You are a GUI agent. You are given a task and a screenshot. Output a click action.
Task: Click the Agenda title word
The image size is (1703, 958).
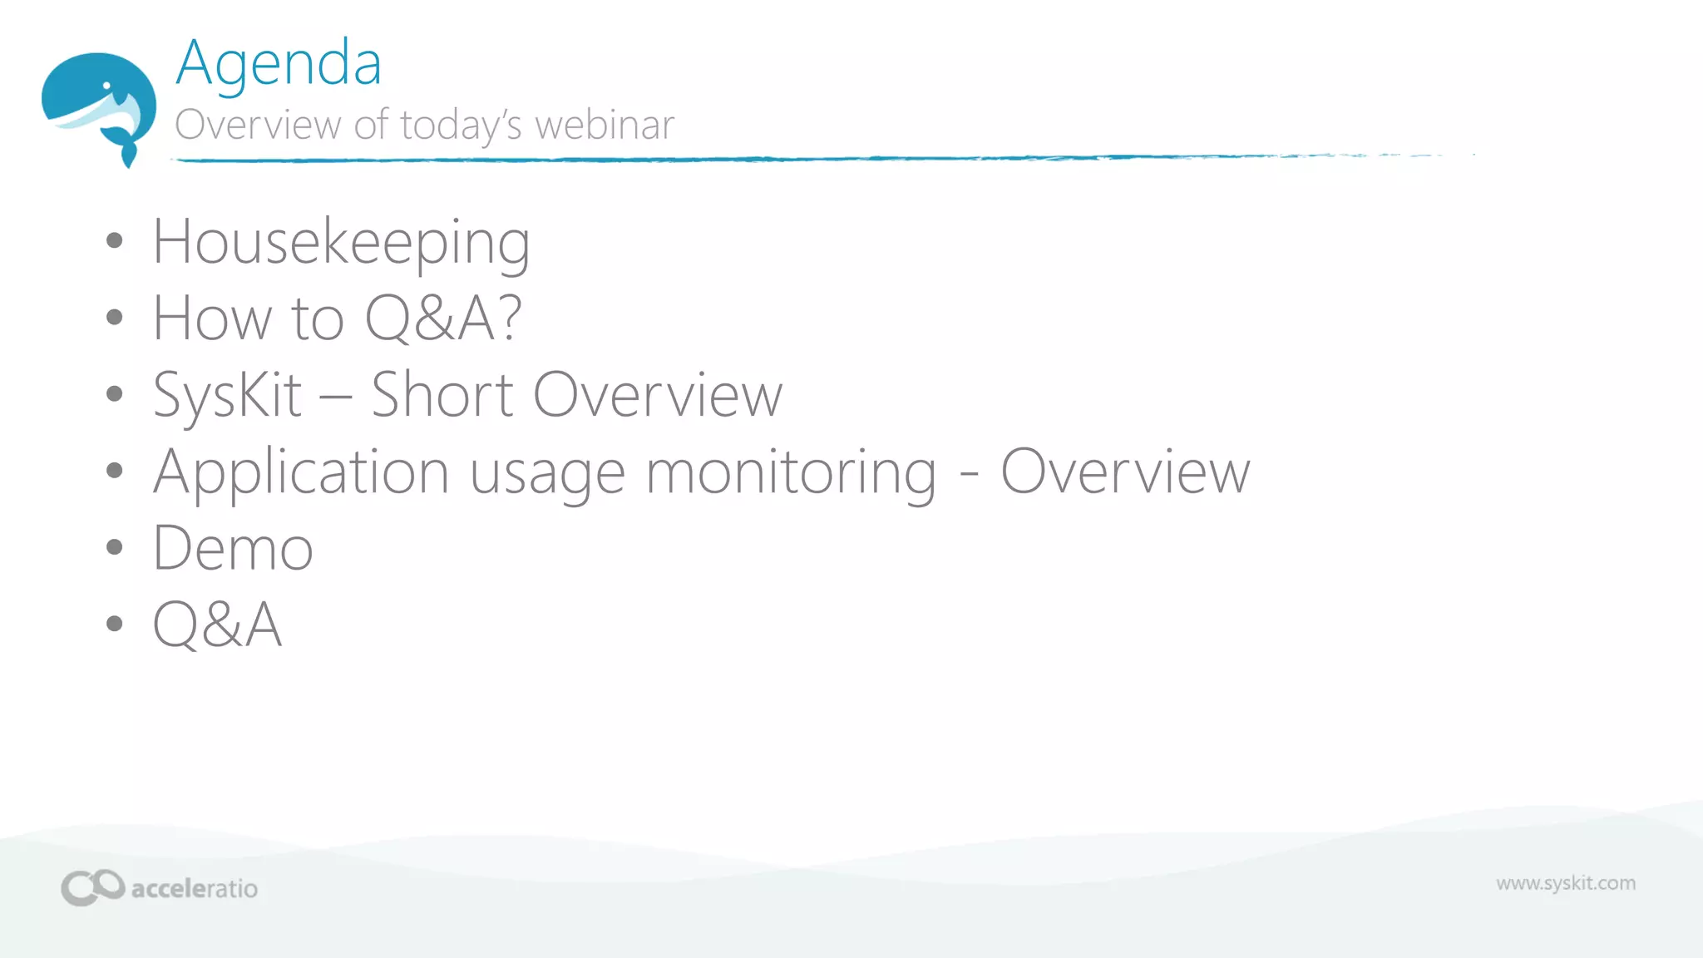279,65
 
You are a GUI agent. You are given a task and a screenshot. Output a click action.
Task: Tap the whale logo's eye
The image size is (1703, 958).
106,86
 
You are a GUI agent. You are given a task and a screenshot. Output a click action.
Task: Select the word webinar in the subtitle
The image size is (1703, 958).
605,126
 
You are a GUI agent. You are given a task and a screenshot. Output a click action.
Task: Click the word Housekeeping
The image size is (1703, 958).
341,243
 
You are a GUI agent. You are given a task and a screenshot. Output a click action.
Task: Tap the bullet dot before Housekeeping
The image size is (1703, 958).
115,242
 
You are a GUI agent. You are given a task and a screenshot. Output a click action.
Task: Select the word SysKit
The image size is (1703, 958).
228,396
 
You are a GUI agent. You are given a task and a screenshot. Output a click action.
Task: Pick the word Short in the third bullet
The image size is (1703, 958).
442,395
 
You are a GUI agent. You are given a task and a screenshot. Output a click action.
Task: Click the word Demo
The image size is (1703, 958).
233,549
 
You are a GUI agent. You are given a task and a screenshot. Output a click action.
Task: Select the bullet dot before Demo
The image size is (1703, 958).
115,547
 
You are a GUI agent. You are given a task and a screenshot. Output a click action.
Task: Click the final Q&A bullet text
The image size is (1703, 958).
218,625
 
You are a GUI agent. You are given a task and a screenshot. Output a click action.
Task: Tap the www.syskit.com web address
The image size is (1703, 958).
1566,883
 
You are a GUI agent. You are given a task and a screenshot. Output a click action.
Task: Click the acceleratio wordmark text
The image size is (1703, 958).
195,889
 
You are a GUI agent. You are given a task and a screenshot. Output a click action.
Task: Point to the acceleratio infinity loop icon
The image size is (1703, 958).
92,887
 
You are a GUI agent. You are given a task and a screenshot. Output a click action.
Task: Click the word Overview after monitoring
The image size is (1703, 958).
1125,472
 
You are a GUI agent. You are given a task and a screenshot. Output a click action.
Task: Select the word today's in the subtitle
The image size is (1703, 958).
461,126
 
